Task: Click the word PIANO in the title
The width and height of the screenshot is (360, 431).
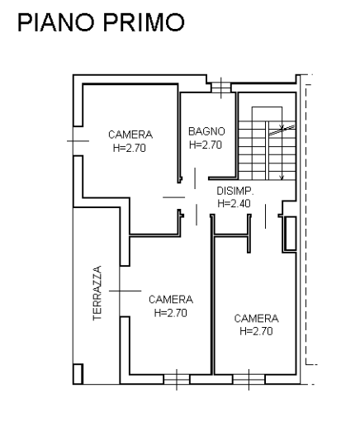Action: click(56, 22)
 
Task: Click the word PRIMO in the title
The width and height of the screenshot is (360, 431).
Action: click(144, 22)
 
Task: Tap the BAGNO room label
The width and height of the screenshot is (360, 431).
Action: click(206, 131)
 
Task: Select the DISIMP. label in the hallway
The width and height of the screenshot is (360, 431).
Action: click(234, 191)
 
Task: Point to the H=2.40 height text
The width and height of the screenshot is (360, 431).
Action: click(234, 203)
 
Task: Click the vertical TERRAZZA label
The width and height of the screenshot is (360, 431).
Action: click(97, 293)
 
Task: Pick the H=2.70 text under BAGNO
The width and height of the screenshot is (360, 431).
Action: click(206, 144)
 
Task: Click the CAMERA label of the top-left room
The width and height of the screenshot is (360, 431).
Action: click(130, 135)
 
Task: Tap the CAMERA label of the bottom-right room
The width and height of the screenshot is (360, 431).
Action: click(257, 319)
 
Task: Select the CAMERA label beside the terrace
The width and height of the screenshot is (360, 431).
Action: click(171, 299)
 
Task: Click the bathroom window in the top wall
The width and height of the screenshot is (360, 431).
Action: click(221, 88)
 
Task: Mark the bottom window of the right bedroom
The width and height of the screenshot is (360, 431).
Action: click(249, 380)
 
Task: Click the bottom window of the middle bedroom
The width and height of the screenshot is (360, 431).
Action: click(177, 380)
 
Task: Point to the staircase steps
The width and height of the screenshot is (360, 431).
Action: click(267, 150)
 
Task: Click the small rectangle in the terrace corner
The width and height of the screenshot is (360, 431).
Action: click(78, 374)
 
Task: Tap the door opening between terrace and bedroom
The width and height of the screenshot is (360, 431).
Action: click(120, 291)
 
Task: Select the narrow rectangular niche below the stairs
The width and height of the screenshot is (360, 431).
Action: click(290, 234)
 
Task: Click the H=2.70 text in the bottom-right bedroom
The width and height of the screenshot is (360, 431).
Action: click(256, 331)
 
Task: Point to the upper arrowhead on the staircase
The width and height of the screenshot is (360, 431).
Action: click(282, 127)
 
